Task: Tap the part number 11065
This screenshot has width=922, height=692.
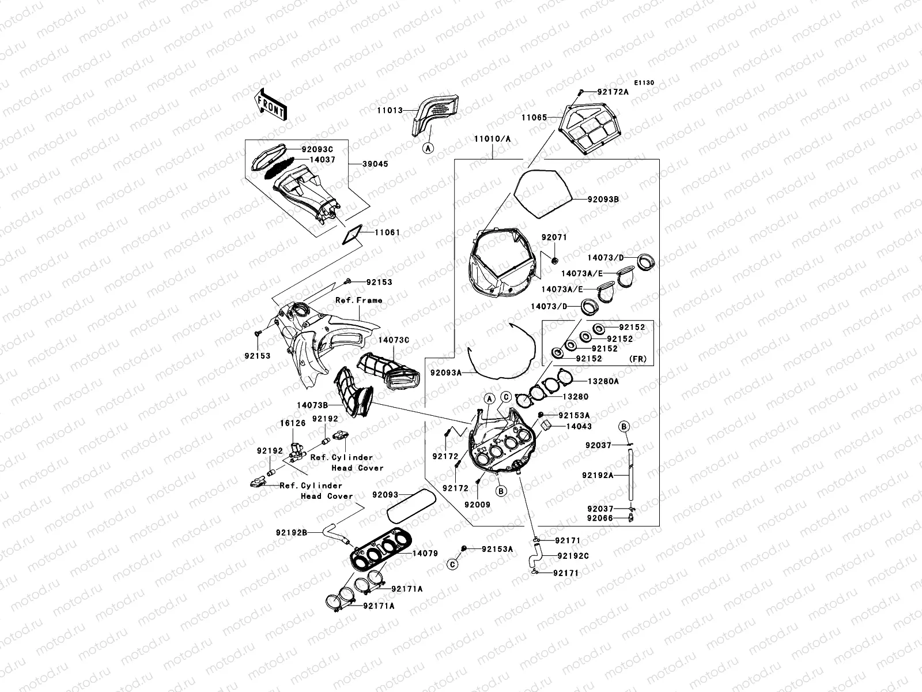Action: pos(534,116)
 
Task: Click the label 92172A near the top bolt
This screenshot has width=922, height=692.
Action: pos(613,92)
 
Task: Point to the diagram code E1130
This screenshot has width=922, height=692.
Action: pos(644,83)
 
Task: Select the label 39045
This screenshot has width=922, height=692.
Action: pos(376,164)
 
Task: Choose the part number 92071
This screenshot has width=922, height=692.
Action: pos(554,237)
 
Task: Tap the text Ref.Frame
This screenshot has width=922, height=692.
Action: pos(358,300)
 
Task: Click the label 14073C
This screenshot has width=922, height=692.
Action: pos(394,340)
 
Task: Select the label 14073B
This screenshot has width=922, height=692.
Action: pos(312,405)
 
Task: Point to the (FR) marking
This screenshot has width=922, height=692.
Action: pos(637,359)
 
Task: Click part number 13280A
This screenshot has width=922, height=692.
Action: pos(603,381)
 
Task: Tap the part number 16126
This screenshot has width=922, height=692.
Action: pos(292,423)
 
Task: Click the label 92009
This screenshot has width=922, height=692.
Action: pos(477,505)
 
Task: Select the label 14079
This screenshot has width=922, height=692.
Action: pos(424,554)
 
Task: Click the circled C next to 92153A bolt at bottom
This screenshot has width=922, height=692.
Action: pos(453,564)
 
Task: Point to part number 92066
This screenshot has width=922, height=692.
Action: pos(600,518)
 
